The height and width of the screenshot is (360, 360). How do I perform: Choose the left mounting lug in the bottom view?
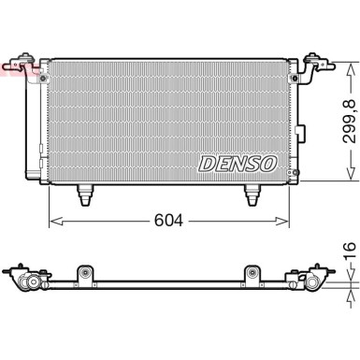tap(86, 274)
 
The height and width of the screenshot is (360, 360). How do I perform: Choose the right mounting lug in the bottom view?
tap(252, 274)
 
